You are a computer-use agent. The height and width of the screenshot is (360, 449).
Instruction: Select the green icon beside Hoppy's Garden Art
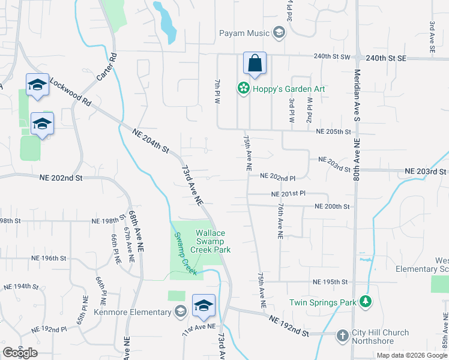coord(244,89)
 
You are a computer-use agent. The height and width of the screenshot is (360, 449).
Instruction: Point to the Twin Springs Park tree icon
coord(365,302)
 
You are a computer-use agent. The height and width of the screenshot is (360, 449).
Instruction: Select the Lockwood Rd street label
coord(70,92)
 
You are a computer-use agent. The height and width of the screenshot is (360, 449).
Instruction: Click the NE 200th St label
coord(331,206)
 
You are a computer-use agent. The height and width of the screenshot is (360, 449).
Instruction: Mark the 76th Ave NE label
coord(280,220)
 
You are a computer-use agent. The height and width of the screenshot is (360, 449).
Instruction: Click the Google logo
coord(20,353)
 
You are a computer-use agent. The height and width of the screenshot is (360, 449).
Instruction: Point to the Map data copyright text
coord(411,355)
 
